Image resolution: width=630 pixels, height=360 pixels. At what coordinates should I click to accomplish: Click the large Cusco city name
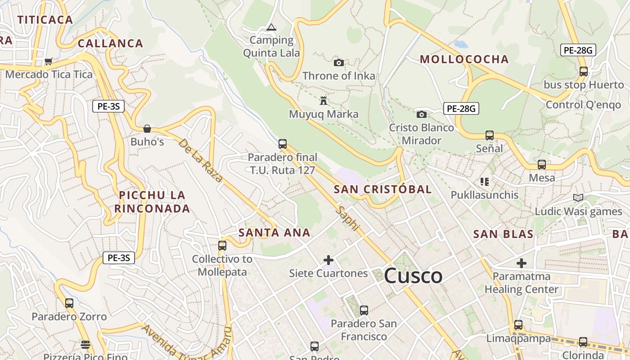(x=413, y=275)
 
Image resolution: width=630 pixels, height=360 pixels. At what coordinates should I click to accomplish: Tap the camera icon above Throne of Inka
(x=339, y=63)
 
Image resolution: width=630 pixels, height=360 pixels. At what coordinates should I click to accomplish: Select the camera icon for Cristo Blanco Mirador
(x=422, y=114)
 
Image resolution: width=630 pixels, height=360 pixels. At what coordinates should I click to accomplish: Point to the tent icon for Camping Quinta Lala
(x=271, y=27)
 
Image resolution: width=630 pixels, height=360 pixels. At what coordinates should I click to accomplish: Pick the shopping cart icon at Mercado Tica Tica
(x=49, y=61)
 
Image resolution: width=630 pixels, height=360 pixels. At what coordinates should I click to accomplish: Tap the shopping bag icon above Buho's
(x=147, y=129)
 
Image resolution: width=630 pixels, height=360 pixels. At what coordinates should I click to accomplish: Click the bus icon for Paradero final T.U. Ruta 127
(x=282, y=144)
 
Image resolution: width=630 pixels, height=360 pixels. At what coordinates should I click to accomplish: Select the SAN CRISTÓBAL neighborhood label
(x=382, y=189)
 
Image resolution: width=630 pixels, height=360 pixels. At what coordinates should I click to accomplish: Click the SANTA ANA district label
(x=274, y=233)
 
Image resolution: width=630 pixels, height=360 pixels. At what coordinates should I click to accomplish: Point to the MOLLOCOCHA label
(x=464, y=59)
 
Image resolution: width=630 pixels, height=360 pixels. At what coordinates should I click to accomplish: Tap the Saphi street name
(x=348, y=218)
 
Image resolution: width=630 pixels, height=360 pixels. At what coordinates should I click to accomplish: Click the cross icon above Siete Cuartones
(x=328, y=260)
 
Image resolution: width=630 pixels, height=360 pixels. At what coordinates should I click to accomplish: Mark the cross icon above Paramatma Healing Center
(x=522, y=263)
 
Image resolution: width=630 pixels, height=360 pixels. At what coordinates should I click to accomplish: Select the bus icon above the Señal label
(x=489, y=135)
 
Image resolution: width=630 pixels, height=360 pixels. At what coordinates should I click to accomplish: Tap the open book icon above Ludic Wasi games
(x=578, y=198)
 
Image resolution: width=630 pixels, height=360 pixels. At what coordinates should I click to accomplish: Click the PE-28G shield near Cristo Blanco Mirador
(x=461, y=108)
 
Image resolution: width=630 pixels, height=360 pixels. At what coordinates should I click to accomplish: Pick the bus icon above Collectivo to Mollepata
(x=222, y=245)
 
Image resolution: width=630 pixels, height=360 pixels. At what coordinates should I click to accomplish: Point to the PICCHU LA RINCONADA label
(x=152, y=202)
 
